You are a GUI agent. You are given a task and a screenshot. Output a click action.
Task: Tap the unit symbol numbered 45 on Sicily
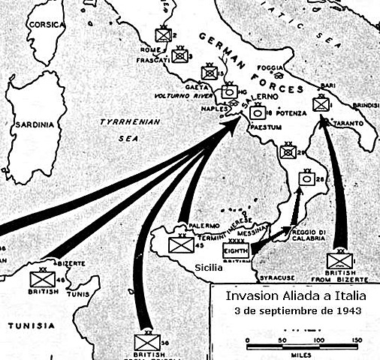coord(180,244)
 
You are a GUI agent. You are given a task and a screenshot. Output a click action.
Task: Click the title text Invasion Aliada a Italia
coord(294,295)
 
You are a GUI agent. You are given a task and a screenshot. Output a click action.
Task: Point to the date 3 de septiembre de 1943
coord(294,310)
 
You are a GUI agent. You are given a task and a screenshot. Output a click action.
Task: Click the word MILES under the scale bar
coord(299,353)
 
